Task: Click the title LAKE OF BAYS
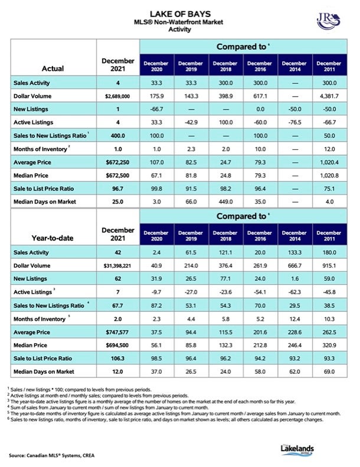pyautogui.click(x=180, y=14)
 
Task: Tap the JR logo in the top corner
pyautogui.click(x=328, y=21)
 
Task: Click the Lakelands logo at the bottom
pyautogui.click(x=297, y=449)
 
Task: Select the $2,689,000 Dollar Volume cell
pyautogui.click(x=117, y=96)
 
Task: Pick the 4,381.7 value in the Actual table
pyautogui.click(x=329, y=96)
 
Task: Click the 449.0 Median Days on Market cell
pyautogui.click(x=225, y=202)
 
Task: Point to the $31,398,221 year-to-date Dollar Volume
pyautogui.click(x=117, y=266)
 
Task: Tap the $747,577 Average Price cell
pyautogui.click(x=117, y=332)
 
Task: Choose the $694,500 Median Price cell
pyautogui.click(x=117, y=345)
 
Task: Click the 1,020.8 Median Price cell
pyautogui.click(x=329, y=176)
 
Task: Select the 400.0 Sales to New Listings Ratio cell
pyautogui.click(x=117, y=136)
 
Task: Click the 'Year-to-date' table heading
pyautogui.click(x=53, y=238)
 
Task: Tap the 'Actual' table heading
pyautogui.click(x=53, y=68)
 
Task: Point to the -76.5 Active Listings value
pyautogui.click(x=294, y=123)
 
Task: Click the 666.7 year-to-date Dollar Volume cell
pyautogui.click(x=294, y=266)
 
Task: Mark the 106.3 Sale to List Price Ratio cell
pyautogui.click(x=117, y=359)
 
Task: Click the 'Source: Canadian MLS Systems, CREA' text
pyautogui.click(x=51, y=455)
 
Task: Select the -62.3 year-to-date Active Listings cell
pyautogui.click(x=294, y=292)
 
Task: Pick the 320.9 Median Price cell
pyautogui.click(x=329, y=345)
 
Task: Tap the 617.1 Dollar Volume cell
pyautogui.click(x=260, y=96)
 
